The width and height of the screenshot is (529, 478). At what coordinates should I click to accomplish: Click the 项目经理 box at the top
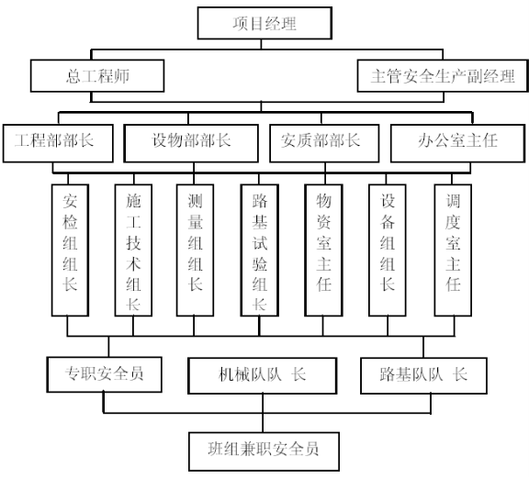[264, 23]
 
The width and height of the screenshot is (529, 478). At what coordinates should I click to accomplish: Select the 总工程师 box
[97, 76]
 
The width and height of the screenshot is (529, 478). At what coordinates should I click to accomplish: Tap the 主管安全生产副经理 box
[443, 76]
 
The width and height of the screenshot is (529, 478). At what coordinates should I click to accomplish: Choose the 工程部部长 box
[58, 143]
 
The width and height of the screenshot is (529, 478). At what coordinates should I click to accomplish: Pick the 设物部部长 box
[191, 143]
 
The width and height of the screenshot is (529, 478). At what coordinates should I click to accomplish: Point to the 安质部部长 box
[324, 143]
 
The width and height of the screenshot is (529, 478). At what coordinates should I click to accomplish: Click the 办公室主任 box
[457, 143]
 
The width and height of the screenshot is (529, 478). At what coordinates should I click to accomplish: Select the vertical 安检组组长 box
[70, 250]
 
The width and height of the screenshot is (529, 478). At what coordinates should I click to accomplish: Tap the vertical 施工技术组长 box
[133, 250]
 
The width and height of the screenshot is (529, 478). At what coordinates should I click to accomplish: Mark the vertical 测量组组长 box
[195, 250]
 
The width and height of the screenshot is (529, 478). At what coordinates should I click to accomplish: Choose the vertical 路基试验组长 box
[259, 250]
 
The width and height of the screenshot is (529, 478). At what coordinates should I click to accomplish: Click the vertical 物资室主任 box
[323, 250]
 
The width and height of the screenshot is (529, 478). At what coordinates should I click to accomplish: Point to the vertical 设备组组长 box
[388, 250]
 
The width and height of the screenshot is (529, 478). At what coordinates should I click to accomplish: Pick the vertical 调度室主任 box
[453, 250]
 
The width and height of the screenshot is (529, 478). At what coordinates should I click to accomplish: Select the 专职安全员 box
[105, 374]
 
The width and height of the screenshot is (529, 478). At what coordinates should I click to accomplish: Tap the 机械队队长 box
[263, 375]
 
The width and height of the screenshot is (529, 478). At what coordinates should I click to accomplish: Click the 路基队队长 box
[423, 375]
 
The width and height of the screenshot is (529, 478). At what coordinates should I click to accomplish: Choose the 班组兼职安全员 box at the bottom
[264, 451]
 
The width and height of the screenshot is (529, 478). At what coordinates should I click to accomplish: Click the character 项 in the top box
[241, 24]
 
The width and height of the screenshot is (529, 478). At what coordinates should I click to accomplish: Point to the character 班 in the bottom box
[216, 449]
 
